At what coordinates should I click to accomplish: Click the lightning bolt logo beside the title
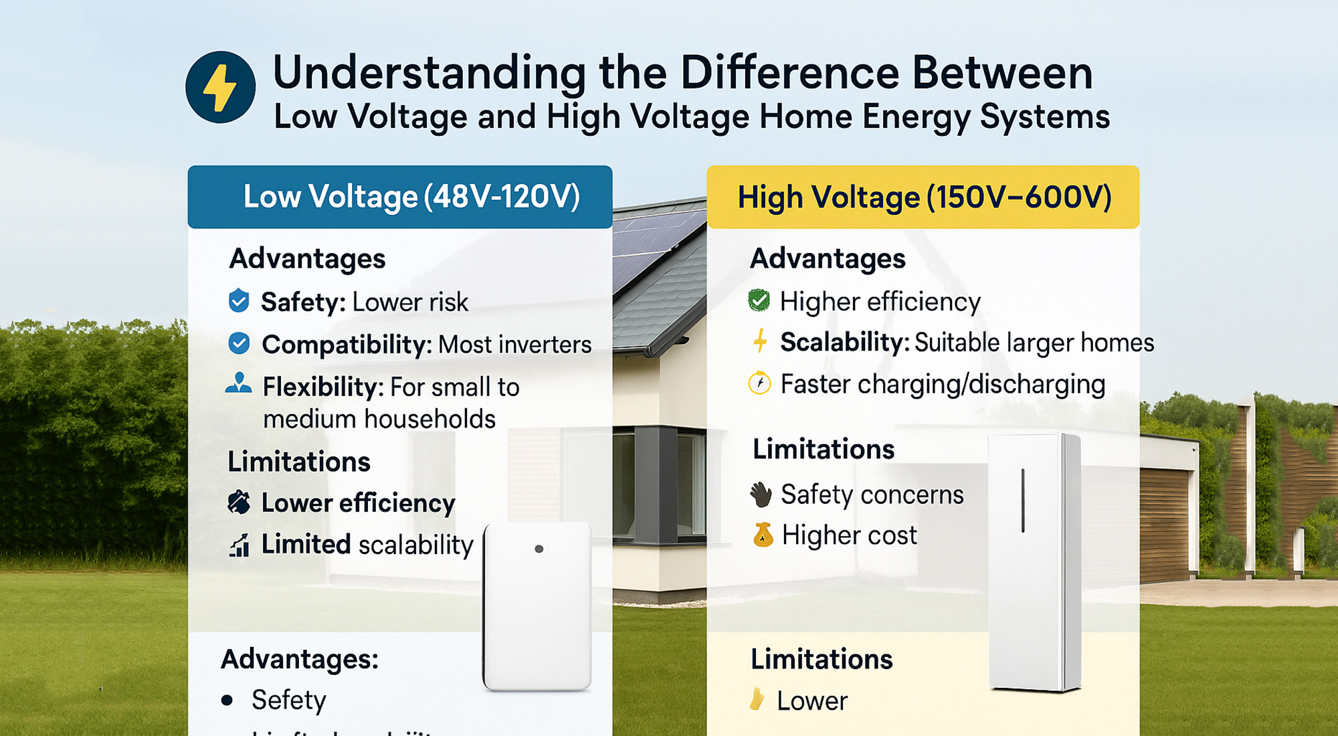click(x=220, y=87)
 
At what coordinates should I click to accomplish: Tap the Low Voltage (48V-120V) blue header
click(x=400, y=197)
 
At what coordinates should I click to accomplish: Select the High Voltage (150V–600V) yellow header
click(x=923, y=197)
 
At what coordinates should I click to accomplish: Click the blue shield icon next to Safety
click(x=239, y=301)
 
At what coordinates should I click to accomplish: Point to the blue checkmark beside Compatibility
click(x=239, y=343)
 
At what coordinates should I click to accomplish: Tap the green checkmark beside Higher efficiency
click(x=759, y=300)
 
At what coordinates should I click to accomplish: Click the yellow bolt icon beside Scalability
click(x=759, y=341)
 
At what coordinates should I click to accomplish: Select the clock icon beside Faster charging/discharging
click(x=759, y=383)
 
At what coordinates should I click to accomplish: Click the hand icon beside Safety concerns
click(x=761, y=494)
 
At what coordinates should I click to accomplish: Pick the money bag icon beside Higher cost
click(x=763, y=535)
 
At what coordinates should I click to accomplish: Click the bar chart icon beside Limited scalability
click(x=240, y=545)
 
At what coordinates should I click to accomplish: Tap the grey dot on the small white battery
click(x=539, y=549)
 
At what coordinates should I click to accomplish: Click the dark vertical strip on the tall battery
click(x=1023, y=500)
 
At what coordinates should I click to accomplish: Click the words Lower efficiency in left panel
click(x=358, y=503)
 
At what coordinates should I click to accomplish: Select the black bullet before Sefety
click(x=227, y=701)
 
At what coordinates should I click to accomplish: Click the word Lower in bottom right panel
click(x=811, y=701)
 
